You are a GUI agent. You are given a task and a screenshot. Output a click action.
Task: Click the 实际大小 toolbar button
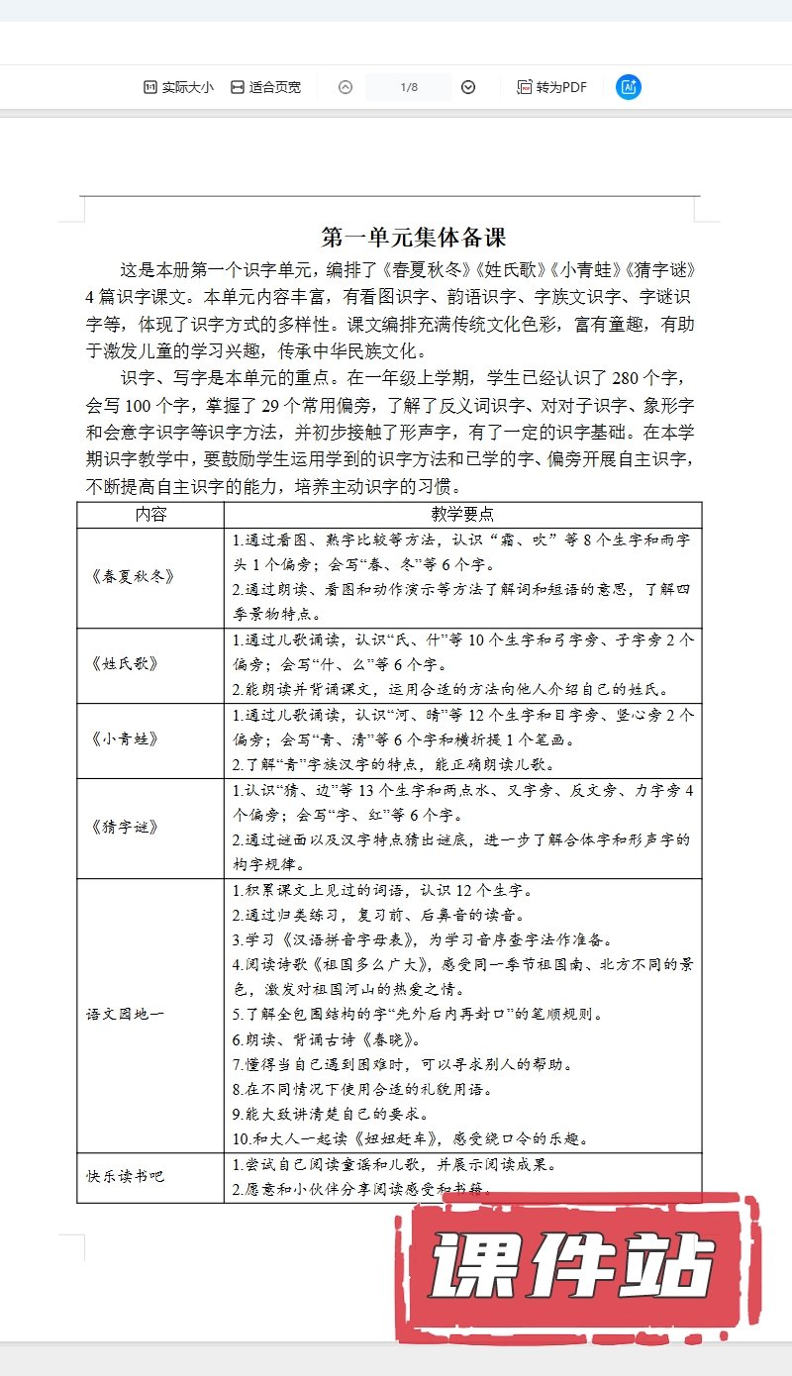pos(178,87)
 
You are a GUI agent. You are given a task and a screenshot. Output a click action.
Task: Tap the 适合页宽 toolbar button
pos(265,87)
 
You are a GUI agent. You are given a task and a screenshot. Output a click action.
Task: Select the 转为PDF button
pos(551,87)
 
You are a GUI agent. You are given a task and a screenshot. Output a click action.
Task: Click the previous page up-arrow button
pos(346,87)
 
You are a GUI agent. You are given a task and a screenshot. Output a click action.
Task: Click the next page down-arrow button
pos(468,87)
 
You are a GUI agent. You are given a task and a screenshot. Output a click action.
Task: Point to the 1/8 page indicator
pos(409,87)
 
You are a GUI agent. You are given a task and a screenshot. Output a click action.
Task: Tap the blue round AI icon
pos(629,87)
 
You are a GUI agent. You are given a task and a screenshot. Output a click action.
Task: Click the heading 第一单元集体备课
pos(414,238)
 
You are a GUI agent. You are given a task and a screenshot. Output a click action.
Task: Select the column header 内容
pos(150,515)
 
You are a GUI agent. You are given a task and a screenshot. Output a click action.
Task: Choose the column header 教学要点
pos(462,515)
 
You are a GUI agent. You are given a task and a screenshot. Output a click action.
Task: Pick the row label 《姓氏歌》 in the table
pos(123,664)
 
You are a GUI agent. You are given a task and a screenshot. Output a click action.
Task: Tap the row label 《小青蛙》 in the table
pos(123,739)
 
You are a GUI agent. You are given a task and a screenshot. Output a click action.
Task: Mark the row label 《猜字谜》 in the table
pos(123,827)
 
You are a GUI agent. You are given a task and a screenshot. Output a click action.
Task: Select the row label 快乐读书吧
pos(125,1177)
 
